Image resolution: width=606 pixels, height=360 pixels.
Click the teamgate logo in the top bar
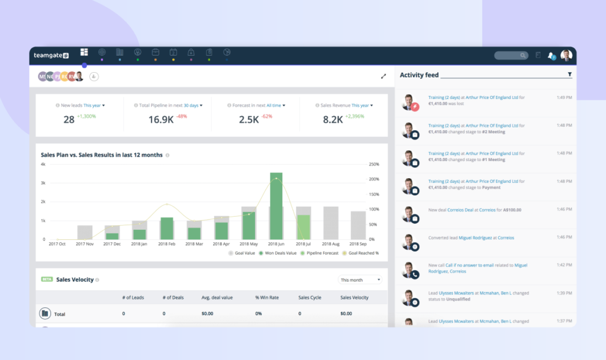point(51,55)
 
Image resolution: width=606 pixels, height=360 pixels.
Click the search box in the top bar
point(511,55)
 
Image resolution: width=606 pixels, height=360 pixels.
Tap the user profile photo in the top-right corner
point(566,55)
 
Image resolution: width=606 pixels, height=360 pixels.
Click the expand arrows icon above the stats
point(383,76)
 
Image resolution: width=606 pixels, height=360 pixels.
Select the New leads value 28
point(69,120)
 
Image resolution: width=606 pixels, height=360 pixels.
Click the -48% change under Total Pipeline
point(181,116)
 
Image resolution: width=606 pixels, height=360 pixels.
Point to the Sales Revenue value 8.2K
point(333,120)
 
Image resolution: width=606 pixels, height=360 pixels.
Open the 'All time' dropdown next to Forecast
point(275,105)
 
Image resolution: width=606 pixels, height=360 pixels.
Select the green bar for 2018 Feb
point(167,228)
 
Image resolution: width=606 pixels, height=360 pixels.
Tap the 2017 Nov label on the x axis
point(85,244)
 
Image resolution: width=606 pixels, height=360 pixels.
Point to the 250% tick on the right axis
point(373,164)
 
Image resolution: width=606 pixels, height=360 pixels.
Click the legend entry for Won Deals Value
point(280,253)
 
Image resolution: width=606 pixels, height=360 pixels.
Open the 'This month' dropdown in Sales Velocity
point(360,279)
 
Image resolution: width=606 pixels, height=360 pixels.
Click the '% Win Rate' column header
point(266,297)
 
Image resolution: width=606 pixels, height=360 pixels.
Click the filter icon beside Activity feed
point(569,75)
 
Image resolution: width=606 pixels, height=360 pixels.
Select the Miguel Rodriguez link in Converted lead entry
point(476,237)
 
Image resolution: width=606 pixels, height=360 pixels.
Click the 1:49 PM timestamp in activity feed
point(564,97)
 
